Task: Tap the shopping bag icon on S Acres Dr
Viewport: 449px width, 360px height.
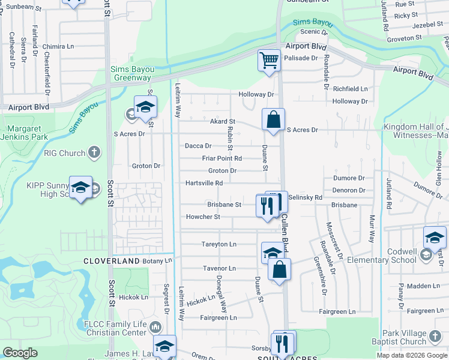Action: coord(274,119)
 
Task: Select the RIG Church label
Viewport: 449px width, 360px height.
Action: coord(65,153)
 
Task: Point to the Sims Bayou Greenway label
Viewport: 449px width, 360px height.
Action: coord(131,73)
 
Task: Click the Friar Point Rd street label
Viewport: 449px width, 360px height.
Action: coord(221,158)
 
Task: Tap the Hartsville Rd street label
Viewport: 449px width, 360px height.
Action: coord(204,183)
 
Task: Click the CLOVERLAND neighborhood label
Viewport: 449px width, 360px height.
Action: coord(111,261)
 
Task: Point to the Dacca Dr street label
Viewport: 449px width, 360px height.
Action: coord(198,146)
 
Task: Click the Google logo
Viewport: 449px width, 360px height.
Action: coord(20,353)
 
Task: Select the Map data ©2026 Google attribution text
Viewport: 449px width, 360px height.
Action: coord(411,355)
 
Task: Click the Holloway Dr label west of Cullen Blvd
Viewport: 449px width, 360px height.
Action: coord(256,94)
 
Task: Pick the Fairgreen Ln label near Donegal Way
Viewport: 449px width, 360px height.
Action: coord(218,317)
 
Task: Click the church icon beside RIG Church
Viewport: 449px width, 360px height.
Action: coord(94,153)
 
